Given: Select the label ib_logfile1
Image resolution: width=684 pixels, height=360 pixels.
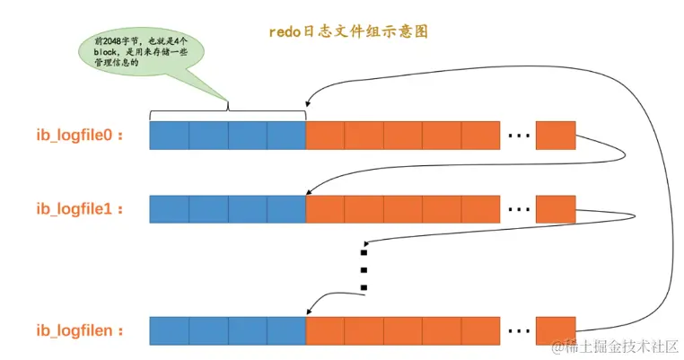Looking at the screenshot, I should pyautogui.click(x=78, y=209).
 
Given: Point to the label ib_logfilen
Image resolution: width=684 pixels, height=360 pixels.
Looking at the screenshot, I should pyautogui.click(x=78, y=330).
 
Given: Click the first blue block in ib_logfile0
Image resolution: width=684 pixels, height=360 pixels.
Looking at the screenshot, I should pyautogui.click(x=169, y=136).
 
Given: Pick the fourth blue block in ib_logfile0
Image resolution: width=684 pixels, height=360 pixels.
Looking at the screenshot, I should pyautogui.click(x=286, y=136).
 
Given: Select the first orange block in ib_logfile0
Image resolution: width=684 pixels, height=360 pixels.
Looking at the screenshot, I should pyautogui.click(x=325, y=136).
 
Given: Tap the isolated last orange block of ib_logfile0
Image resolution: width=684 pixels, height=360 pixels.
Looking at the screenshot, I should pyautogui.click(x=555, y=136).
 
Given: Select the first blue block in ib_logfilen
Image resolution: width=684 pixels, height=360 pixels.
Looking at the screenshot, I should pyautogui.click(x=169, y=330).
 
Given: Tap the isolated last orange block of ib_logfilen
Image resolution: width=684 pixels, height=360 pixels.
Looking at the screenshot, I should pyautogui.click(x=555, y=330).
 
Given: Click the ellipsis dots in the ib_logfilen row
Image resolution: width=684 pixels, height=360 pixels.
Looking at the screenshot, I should pyautogui.click(x=518, y=332).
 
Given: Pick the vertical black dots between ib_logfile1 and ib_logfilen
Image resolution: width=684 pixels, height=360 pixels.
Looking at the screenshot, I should pyautogui.click(x=364, y=266).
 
